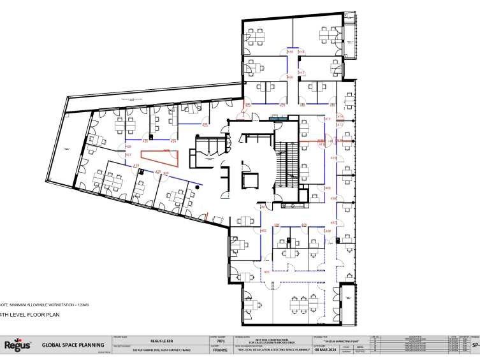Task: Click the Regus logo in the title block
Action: click(x=17, y=345)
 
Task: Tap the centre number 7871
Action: click(x=220, y=342)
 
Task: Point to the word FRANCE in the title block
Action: click(x=219, y=350)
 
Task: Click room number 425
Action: click(x=205, y=125)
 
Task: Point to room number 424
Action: click(x=173, y=140)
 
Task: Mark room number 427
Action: click(x=128, y=154)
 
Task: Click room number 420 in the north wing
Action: click(x=290, y=77)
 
